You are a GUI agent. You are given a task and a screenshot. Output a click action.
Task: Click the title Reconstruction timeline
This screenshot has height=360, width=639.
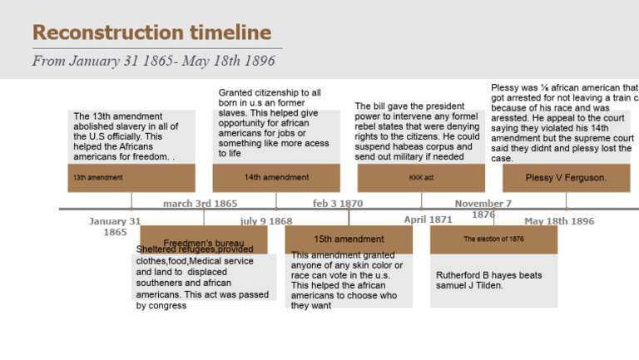point(151,33)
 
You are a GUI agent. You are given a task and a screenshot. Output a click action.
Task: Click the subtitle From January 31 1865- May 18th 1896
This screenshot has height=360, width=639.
point(153,61)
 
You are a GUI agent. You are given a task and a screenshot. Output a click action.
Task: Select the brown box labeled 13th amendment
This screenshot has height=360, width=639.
point(131,178)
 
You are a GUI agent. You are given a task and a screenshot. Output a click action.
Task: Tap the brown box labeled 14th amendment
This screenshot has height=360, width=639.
point(276,178)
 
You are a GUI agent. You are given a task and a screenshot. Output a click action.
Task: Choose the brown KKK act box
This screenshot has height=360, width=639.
point(421,178)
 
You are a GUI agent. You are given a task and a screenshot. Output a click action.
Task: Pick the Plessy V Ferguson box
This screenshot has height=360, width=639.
point(566,178)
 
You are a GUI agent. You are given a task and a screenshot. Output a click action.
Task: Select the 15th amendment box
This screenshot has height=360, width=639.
point(349,239)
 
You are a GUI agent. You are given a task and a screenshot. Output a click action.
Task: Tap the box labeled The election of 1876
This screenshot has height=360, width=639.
point(493,239)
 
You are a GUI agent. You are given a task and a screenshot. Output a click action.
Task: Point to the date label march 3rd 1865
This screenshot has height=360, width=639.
point(200,204)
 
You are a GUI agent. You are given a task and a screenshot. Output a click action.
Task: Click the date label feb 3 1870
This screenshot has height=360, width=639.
point(338,204)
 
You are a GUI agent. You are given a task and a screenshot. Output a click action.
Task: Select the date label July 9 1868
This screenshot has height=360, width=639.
point(266,221)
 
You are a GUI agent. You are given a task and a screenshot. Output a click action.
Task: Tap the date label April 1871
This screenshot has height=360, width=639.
point(428,220)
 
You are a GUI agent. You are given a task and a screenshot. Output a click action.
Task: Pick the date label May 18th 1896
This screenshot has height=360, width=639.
point(559,221)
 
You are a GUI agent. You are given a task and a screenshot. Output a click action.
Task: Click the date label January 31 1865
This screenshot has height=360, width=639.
point(115,227)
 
